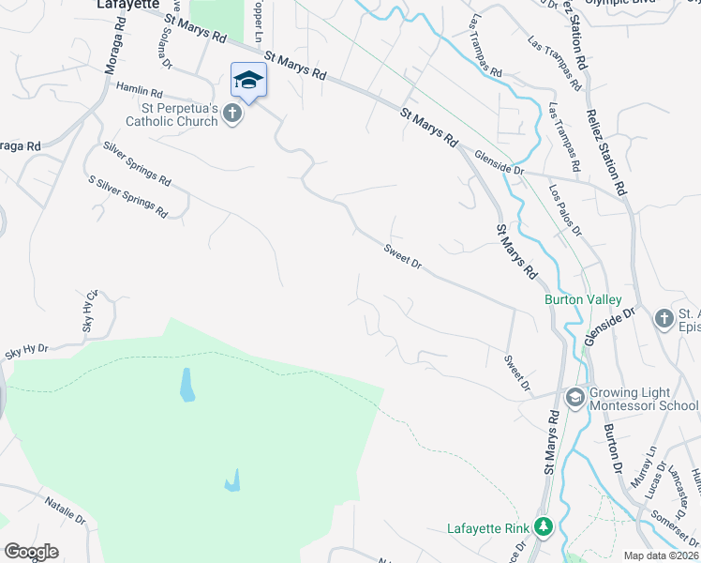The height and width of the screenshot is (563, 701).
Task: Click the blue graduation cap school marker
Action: (x=248, y=80)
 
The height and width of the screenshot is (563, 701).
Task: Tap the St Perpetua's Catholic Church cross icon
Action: (x=232, y=114)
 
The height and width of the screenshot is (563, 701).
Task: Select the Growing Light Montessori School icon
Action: (x=574, y=398)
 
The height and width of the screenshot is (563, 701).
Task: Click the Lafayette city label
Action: (x=127, y=5)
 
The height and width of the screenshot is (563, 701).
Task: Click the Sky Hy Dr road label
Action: (x=26, y=352)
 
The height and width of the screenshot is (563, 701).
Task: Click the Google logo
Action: (x=31, y=551)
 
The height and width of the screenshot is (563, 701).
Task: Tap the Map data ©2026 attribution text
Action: (x=660, y=555)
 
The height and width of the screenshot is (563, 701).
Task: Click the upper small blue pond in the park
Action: (x=186, y=384)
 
